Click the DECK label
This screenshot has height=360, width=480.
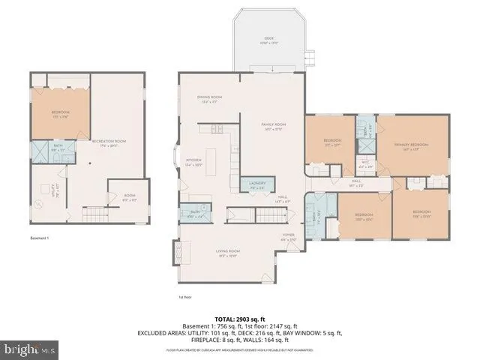pos(268,39)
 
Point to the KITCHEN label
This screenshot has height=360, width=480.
pos(194,161)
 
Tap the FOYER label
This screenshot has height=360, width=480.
pos(289,236)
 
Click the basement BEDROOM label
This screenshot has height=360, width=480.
pos(60,92)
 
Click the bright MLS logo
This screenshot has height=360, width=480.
pos(30,349)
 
